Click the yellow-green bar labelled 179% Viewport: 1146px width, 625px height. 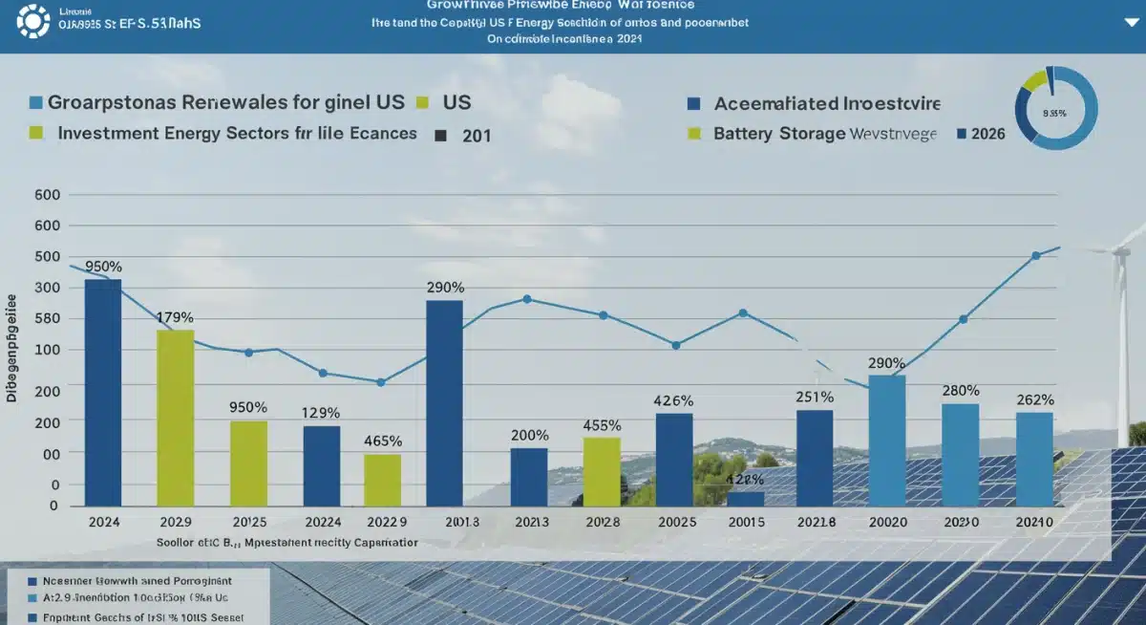pyautogui.click(x=175, y=418)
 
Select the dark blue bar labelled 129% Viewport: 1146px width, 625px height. pyautogui.click(x=322, y=465)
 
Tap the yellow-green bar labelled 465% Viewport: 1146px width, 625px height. pyautogui.click(x=382, y=480)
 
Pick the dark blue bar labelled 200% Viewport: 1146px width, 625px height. pyautogui.click(x=529, y=477)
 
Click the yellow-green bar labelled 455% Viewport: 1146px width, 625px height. pyautogui.click(x=602, y=471)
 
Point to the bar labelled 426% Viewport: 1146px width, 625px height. pyautogui.click(x=674, y=459)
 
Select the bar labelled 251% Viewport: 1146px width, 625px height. pyautogui.click(x=815, y=458)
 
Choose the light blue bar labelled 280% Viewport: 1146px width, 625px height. pyautogui.click(x=960, y=454)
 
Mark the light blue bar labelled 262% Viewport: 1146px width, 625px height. pyautogui.click(x=1034, y=459)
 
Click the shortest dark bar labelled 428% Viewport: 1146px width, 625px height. pyautogui.click(x=745, y=498)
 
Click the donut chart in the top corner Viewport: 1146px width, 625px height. pyautogui.click(x=1056, y=108)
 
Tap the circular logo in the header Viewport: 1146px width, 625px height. pyautogui.click(x=33, y=21)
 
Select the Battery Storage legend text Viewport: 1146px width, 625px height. pyautogui.click(x=779, y=134)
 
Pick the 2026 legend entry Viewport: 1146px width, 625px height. pyautogui.click(x=987, y=134)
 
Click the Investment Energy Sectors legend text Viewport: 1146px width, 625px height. pyautogui.click(x=237, y=133)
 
